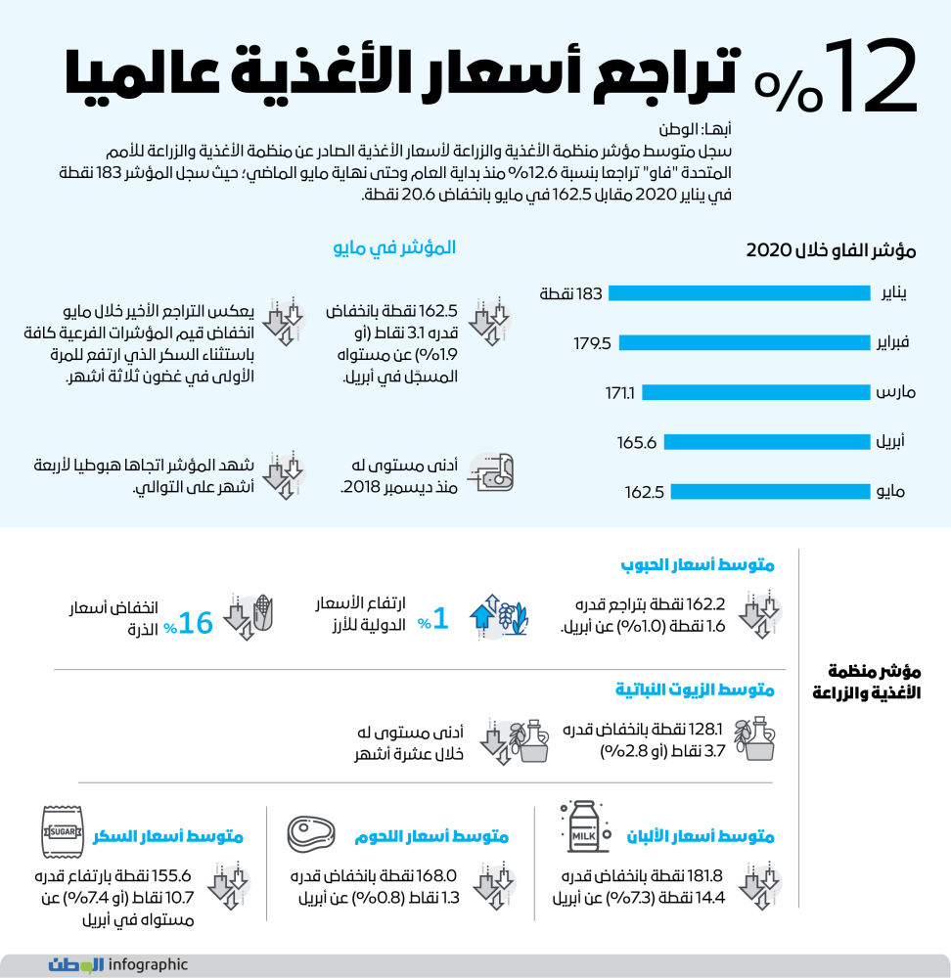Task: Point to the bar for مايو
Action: (772, 492)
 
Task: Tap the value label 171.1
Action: (620, 393)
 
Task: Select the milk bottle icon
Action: (582, 826)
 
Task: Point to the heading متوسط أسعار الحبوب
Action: (698, 565)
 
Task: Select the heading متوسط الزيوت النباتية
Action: (695, 690)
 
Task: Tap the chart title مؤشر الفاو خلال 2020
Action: (831, 250)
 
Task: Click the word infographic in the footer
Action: (148, 964)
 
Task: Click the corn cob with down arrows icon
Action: (250, 615)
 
